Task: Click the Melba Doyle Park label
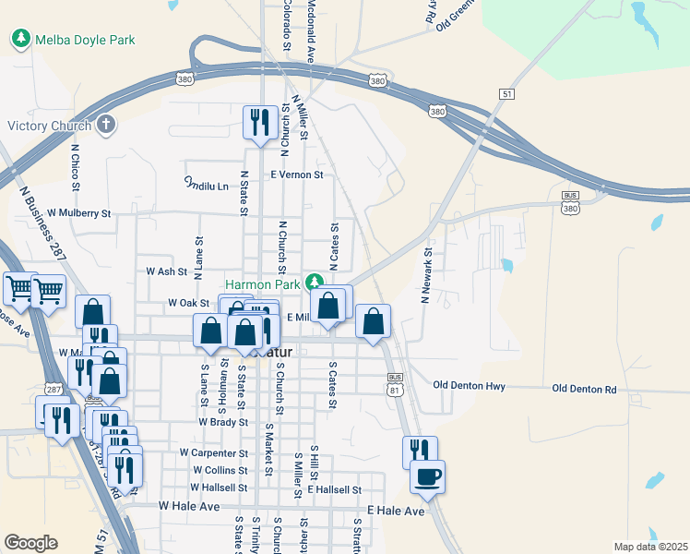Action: coord(84,40)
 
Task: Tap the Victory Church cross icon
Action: coord(106,126)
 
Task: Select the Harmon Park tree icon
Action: coord(315,281)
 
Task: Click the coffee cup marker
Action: coord(427,476)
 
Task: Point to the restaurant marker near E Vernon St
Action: coord(259,121)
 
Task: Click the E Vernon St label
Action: coord(296,175)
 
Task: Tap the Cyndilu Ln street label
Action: coord(206,185)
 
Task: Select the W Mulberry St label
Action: coord(79,213)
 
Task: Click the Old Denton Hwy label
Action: coord(470,385)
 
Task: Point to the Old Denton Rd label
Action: coord(584,390)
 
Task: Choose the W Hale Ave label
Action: coord(189,506)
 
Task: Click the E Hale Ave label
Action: coord(396,511)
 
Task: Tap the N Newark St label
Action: coord(427,275)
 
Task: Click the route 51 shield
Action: coord(506,94)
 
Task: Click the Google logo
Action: coord(30,542)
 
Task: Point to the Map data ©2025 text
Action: coord(650,547)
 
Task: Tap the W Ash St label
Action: coord(167,271)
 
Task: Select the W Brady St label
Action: coord(223,422)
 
